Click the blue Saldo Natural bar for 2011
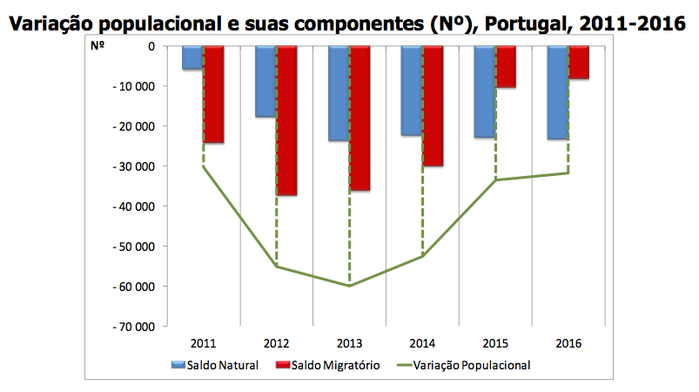coord(192,57)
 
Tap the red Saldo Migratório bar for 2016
coord(579,63)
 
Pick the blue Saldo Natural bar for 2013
coord(339,93)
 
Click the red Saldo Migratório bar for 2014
coord(433,105)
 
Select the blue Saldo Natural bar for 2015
coord(485,91)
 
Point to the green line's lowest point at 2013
coord(349,286)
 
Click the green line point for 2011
coord(203,166)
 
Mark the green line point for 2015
coord(495,179)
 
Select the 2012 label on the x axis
coord(276,343)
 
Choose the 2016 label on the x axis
coord(568,343)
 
